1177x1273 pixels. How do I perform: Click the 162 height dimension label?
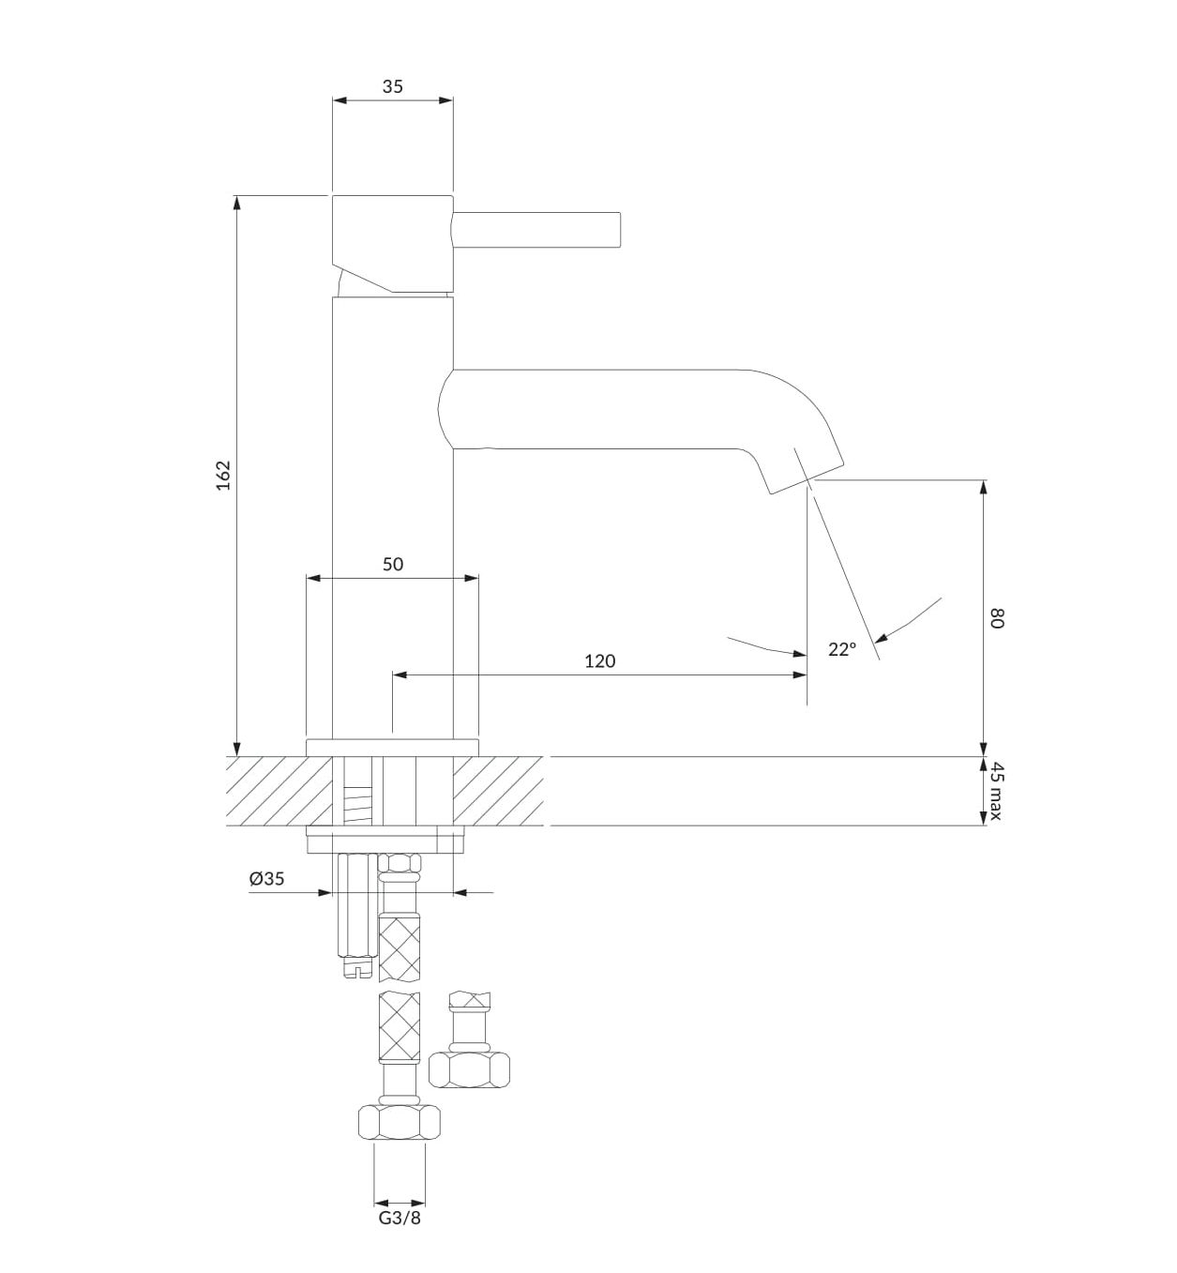click(223, 475)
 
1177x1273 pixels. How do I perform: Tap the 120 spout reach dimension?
click(599, 660)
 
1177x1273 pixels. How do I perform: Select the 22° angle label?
click(842, 649)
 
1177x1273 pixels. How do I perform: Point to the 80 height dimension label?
click(995, 618)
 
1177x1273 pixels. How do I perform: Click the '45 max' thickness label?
click(995, 790)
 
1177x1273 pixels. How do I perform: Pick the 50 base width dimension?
click(393, 564)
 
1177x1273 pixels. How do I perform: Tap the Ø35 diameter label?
click(266, 878)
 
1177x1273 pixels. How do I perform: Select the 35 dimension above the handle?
click(392, 86)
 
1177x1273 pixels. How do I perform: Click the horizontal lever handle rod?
click(537, 230)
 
